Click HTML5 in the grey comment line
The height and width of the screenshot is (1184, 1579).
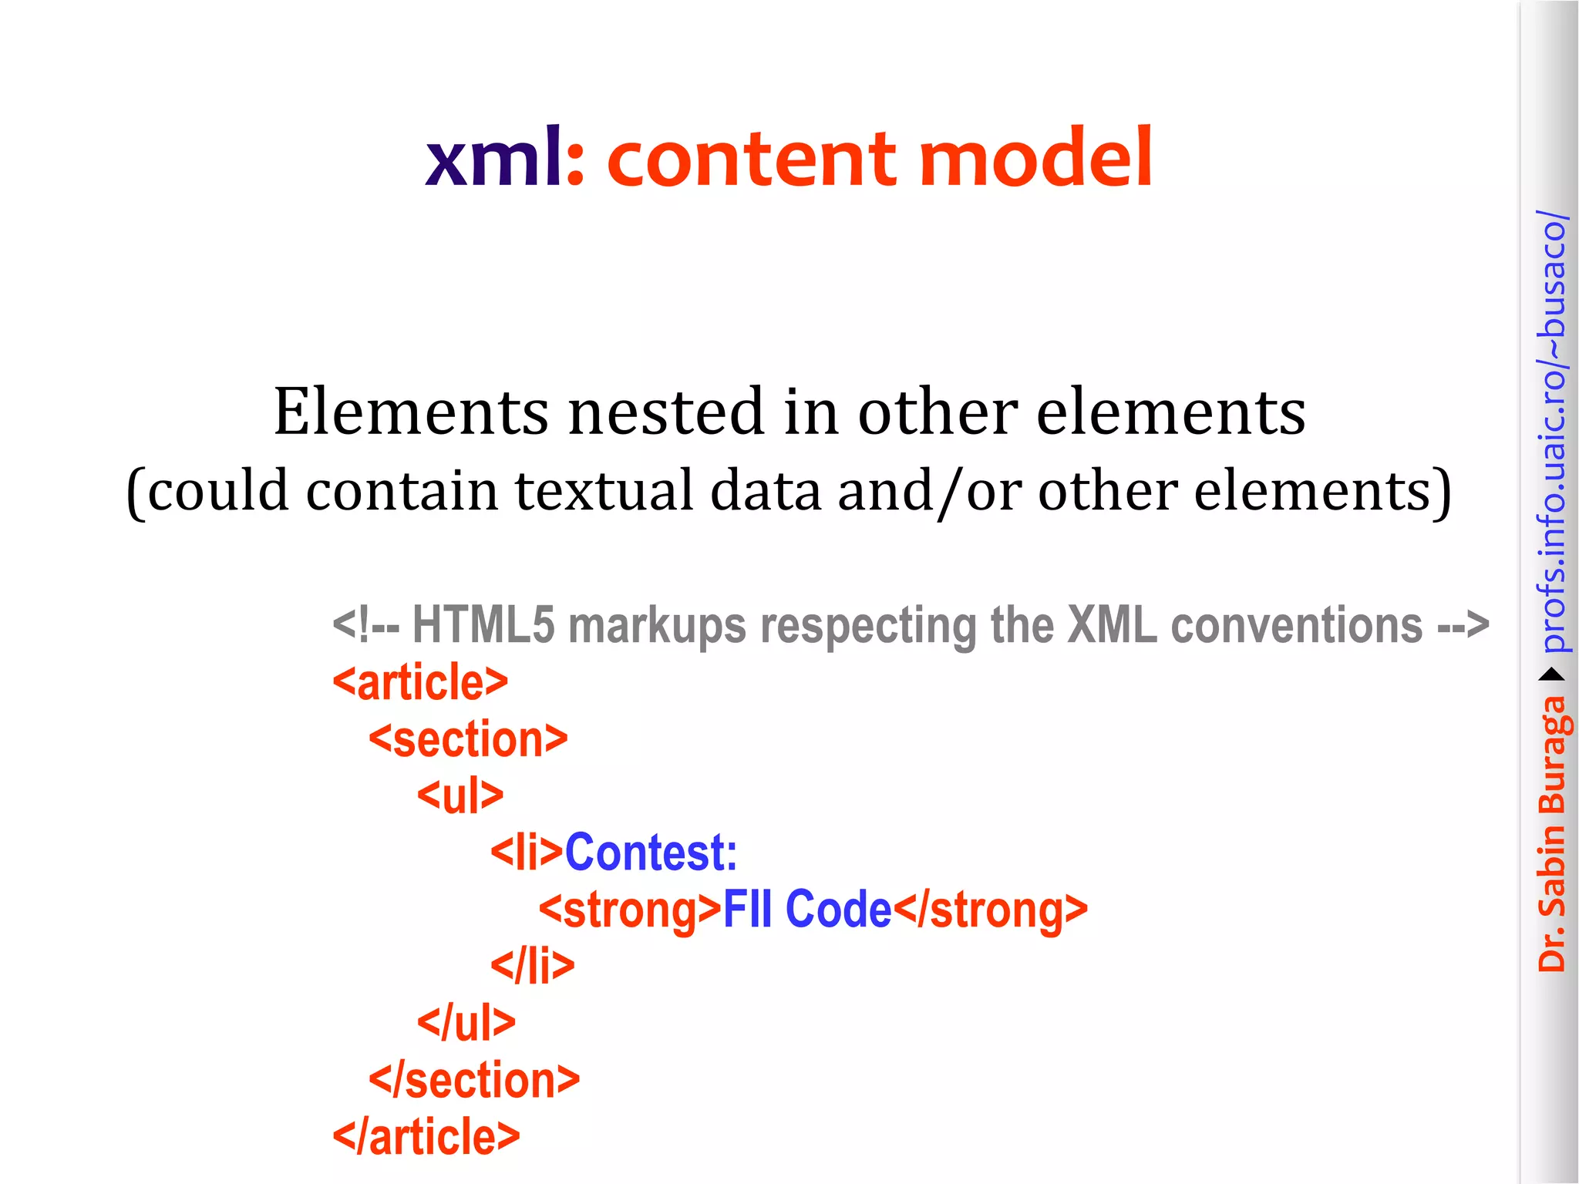(483, 624)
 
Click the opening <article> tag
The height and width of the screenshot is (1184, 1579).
(420, 682)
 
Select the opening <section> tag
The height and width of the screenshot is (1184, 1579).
(468, 739)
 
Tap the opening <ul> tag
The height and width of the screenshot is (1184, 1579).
(460, 795)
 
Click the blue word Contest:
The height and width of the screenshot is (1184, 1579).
(651, 853)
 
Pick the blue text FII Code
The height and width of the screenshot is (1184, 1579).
(806, 910)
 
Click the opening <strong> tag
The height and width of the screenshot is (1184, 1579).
(630, 910)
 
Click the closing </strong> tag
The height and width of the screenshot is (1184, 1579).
(990, 910)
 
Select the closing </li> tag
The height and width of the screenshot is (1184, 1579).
(533, 966)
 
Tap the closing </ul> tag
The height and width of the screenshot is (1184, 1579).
(466, 1023)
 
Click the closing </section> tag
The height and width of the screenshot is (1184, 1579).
(474, 1080)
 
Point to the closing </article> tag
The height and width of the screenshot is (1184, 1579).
(426, 1137)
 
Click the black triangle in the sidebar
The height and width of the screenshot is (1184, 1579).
(1552, 675)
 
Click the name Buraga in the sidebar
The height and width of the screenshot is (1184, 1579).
(1553, 756)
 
